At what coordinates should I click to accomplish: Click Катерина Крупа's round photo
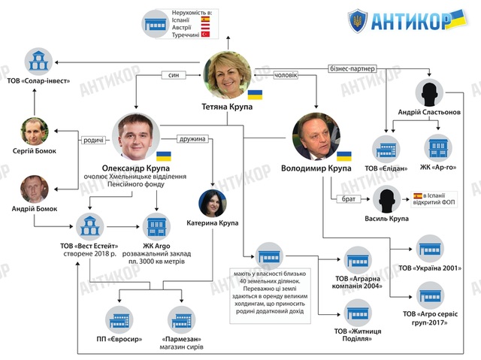point(213,203)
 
